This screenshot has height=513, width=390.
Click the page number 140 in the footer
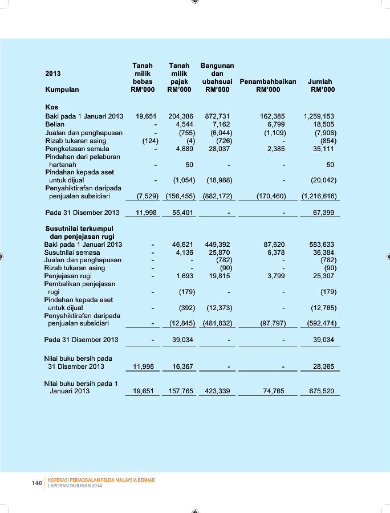click(x=36, y=483)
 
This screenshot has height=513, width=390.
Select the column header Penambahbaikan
click(x=267, y=82)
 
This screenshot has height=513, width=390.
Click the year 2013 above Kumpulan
click(x=53, y=74)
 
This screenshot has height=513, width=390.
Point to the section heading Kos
click(x=51, y=107)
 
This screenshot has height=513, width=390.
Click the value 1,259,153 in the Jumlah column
click(x=319, y=116)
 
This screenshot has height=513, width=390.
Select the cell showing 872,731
click(x=217, y=116)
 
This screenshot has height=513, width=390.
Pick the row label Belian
click(x=55, y=124)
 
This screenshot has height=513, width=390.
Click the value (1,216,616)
click(x=319, y=196)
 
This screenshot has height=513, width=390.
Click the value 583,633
click(x=322, y=245)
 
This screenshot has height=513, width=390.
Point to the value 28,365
click(x=323, y=367)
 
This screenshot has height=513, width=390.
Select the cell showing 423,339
click(x=217, y=392)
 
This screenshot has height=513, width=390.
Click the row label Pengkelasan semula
click(x=77, y=149)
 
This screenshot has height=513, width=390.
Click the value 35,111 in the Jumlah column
click(x=323, y=149)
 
